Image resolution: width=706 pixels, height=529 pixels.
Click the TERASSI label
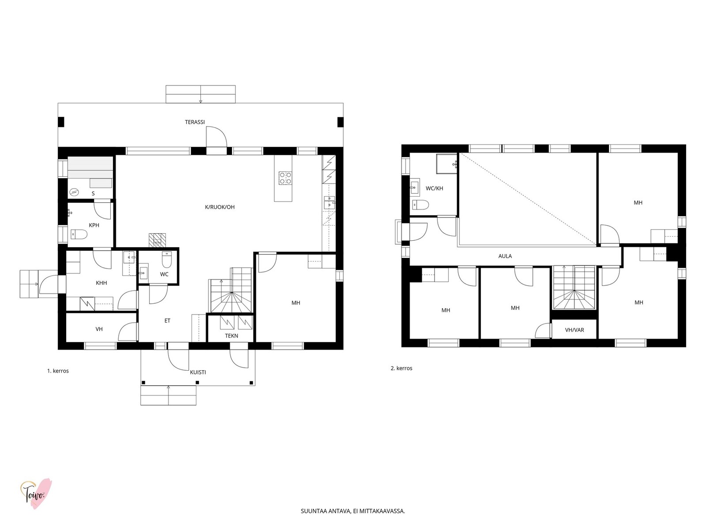pos(195,122)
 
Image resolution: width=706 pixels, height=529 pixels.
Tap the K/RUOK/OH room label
pos(220,207)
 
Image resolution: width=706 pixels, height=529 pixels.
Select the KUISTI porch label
pos(198,372)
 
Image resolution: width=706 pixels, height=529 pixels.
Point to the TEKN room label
pos(232,335)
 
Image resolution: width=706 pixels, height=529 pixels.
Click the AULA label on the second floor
pos(505,256)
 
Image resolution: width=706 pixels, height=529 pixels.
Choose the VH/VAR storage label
pos(575,330)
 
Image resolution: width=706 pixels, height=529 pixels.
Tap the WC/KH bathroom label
pos(434,188)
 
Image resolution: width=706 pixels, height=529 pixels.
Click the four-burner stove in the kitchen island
pos(285,178)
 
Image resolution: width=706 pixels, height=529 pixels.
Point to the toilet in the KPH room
pos(79,235)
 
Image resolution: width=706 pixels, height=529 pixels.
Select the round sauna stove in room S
pos(74,192)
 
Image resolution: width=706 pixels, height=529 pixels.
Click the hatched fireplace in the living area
pos(157,240)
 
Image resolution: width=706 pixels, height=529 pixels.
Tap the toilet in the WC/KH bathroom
pos(421,205)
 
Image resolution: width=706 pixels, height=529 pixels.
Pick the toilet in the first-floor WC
pos(167,260)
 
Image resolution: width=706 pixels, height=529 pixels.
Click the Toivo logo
pos(36,493)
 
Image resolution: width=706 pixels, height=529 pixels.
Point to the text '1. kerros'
pos(58,371)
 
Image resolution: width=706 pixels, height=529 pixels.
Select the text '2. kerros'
pos(402,368)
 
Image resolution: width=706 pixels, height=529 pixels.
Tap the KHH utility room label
pos(101,283)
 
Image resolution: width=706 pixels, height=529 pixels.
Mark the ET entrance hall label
pos(167,320)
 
